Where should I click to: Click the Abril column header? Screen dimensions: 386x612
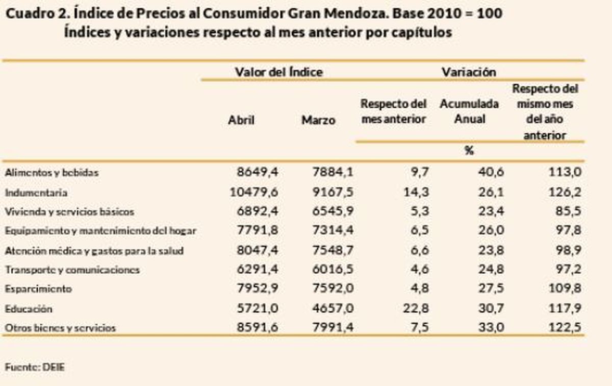[241, 120]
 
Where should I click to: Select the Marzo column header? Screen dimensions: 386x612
[319, 120]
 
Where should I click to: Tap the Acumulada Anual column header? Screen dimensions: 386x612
[469, 111]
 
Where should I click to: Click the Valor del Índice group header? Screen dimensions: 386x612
[278, 72]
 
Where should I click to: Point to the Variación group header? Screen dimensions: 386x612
[469, 72]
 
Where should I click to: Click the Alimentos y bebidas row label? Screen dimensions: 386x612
[52, 173]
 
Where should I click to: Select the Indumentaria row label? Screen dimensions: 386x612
[36, 193]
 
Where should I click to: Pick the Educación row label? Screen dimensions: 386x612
[29, 309]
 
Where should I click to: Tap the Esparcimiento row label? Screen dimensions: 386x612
[38, 289]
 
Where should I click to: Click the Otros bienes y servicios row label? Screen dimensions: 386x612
[60, 328]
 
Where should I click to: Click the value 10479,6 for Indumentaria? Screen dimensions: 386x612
[253, 192]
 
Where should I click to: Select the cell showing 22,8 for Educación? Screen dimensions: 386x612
[417, 308]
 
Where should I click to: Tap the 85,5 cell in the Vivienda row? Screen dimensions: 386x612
[569, 211]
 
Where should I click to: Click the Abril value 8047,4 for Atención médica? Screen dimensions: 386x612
[258, 250]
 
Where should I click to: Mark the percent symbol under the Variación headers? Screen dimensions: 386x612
[469, 151]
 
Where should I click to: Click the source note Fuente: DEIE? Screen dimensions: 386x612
[35, 367]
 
